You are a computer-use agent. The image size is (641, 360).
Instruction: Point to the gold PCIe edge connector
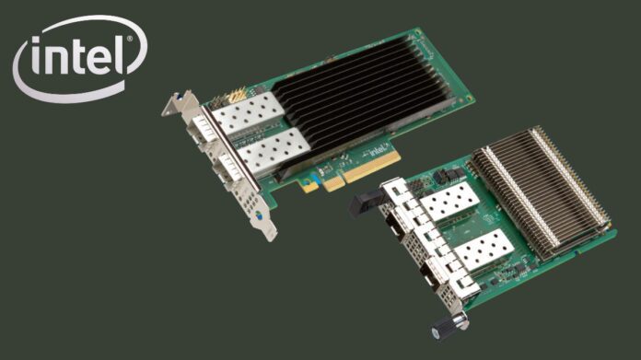(x=358, y=174)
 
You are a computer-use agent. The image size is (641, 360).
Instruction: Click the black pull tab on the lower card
(x=360, y=203)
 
